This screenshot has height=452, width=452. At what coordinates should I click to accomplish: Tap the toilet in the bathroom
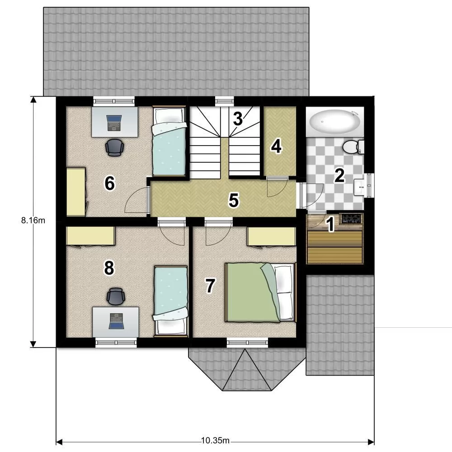pos(353,146)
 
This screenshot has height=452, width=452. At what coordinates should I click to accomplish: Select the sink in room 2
pos(359,186)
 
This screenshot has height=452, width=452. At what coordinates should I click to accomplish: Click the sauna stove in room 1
pos(351,218)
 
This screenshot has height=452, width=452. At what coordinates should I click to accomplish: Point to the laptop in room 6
pos(114,122)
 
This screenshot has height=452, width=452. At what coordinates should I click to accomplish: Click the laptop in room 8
pos(117,321)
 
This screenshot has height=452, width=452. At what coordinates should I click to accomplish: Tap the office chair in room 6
pos(114,147)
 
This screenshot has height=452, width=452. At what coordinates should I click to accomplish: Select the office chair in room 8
pos(116,296)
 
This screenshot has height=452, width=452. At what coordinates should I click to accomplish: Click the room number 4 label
pos(276,146)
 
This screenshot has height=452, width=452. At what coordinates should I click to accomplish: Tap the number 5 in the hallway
pos(234,200)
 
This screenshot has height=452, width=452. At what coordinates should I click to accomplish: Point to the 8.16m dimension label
pos(33,221)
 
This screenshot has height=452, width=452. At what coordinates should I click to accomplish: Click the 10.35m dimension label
pos(215,440)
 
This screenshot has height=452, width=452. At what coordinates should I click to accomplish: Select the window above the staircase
pos(225,101)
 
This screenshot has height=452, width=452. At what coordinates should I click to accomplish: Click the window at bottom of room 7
pos(247,343)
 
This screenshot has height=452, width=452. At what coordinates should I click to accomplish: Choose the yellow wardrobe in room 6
pos(76,192)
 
